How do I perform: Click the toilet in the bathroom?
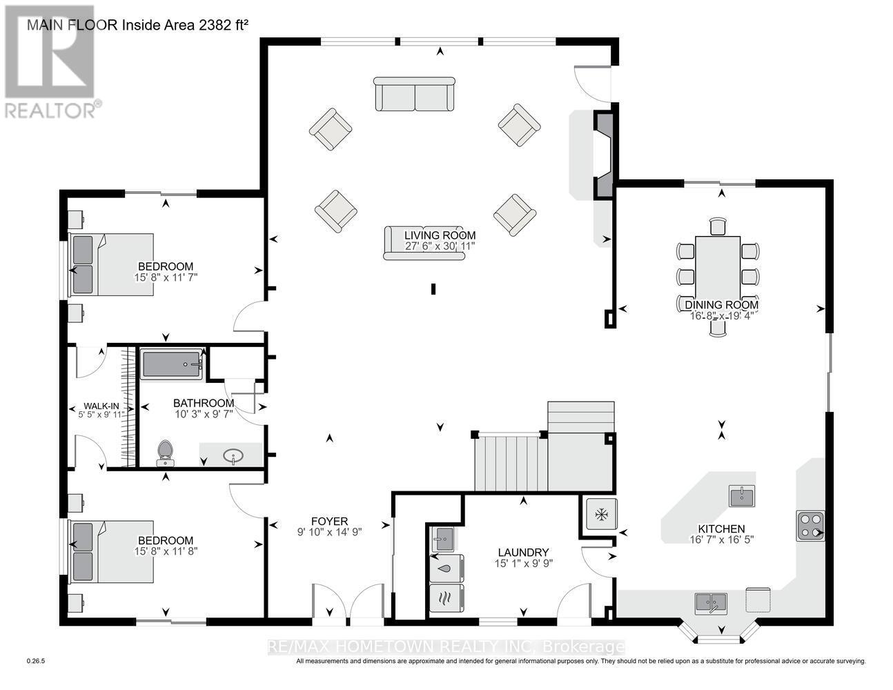165,451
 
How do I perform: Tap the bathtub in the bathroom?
172,364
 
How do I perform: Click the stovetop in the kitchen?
810,525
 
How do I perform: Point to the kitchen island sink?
742,495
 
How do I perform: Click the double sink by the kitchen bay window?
710,602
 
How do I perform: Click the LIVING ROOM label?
440,235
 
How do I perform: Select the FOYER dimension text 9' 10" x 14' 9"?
329,532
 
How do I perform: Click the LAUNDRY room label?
523,552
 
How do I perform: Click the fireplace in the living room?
604,157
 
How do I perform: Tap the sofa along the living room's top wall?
415,95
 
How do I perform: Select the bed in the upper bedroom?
112,265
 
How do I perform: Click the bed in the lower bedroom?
112,553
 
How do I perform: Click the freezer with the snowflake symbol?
602,514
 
